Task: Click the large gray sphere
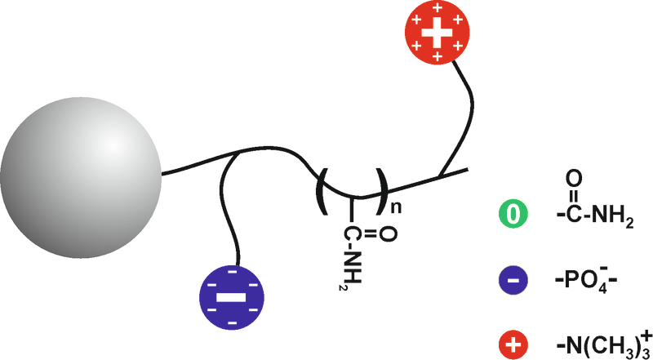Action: [x=80, y=178]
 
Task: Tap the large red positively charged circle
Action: [x=437, y=33]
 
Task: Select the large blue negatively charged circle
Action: [x=232, y=297]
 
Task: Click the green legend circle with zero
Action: [x=513, y=214]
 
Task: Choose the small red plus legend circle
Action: [x=513, y=344]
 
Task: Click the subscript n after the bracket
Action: [x=396, y=207]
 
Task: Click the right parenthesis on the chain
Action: [x=382, y=191]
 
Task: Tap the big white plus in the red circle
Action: [x=437, y=33]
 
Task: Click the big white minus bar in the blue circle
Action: [x=232, y=297]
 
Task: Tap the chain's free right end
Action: [x=469, y=169]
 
